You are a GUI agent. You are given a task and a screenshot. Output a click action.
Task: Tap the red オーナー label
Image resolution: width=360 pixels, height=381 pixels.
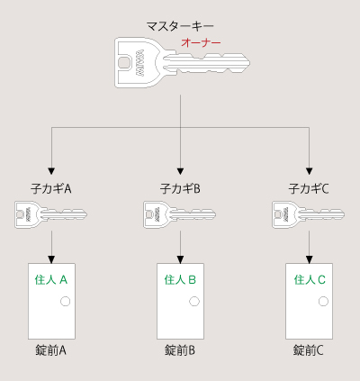click(x=201, y=42)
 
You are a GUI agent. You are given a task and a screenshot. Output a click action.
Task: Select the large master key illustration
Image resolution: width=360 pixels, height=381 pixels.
click(x=180, y=62)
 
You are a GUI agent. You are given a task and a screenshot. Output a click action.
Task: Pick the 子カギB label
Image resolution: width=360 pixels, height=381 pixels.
click(x=180, y=189)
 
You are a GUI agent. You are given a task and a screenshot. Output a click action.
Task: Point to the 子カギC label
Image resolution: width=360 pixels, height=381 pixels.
click(x=309, y=189)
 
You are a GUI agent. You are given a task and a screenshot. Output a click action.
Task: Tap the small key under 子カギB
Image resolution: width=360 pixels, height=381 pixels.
click(x=180, y=214)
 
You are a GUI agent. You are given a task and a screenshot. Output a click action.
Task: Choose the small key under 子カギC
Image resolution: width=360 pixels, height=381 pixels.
click(x=309, y=214)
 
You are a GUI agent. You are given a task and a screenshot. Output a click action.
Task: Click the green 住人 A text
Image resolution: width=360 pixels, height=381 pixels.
click(x=51, y=280)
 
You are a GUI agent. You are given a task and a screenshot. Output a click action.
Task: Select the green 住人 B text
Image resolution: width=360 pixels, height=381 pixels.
click(x=180, y=280)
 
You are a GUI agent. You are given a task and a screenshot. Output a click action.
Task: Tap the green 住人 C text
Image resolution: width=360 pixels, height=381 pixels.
click(x=310, y=280)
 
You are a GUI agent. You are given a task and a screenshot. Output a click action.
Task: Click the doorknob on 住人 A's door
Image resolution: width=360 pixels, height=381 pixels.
click(x=65, y=302)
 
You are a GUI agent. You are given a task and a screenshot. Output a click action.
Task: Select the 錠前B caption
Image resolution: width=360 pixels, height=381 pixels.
click(x=180, y=349)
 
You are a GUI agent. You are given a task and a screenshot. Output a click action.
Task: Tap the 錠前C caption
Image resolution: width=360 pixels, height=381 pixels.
click(x=309, y=349)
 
